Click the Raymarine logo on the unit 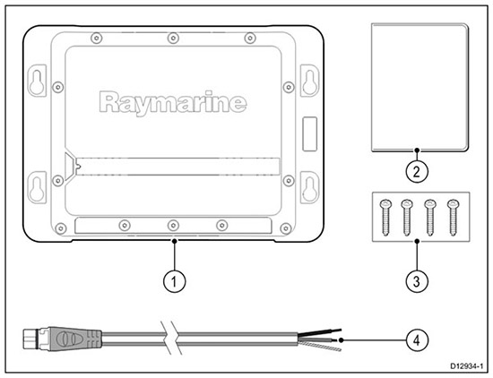(x=173, y=102)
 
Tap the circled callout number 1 (x=174, y=281)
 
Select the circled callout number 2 (x=417, y=172)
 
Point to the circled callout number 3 (x=417, y=281)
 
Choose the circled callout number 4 (x=417, y=339)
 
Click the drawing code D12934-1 (x=467, y=365)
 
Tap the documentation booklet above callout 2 (x=419, y=88)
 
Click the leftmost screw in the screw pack (x=385, y=218)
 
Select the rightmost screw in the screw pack (x=453, y=218)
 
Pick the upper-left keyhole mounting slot (x=37, y=81)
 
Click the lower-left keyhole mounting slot (x=37, y=187)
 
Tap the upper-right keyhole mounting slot (x=310, y=81)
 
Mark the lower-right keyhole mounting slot (x=310, y=187)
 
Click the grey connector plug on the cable (x=74, y=339)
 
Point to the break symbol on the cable (x=169, y=339)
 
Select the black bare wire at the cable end (x=319, y=332)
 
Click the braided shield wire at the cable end (x=319, y=347)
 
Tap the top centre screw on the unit (x=173, y=39)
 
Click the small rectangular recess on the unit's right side (x=310, y=134)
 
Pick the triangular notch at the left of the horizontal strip (x=71, y=167)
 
